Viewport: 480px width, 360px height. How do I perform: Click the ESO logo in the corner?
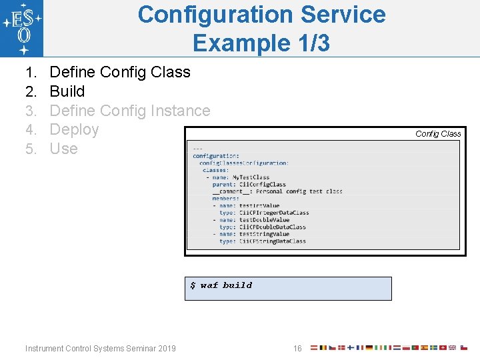(x=22, y=29)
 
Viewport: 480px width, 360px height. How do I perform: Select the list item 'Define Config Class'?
(x=120, y=72)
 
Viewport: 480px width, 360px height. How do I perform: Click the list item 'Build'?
(x=67, y=91)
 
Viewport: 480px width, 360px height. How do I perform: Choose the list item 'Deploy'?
(x=74, y=129)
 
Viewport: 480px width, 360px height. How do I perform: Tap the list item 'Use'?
(x=64, y=149)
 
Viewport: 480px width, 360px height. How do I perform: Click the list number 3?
(x=31, y=111)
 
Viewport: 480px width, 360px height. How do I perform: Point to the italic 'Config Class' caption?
(x=438, y=134)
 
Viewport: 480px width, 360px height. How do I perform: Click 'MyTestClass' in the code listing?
(x=251, y=177)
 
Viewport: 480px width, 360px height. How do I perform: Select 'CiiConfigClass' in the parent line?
(x=262, y=185)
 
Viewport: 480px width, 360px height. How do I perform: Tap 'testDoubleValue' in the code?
(x=264, y=220)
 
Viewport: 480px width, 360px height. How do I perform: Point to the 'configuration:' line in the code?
(x=216, y=156)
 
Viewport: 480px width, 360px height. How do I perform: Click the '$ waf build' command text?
(x=221, y=285)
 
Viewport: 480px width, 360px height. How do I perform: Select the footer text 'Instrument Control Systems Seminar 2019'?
(x=101, y=348)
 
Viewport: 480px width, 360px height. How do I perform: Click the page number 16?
(x=297, y=348)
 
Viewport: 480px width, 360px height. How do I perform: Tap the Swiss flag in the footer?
(x=443, y=347)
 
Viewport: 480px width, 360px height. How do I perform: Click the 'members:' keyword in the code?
(x=226, y=199)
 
